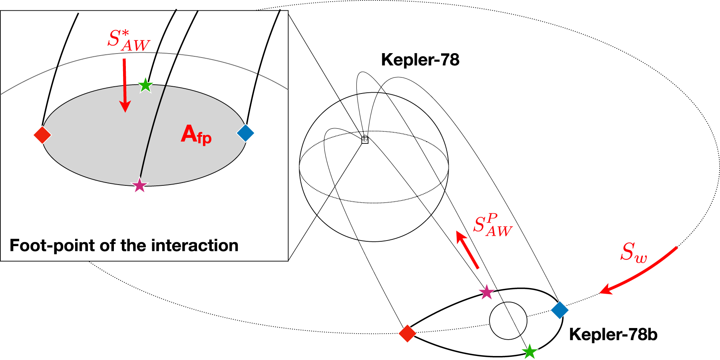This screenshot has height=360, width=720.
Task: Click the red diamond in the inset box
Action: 42,135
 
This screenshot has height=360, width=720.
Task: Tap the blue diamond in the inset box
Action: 245,133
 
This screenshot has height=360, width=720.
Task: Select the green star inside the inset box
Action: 145,85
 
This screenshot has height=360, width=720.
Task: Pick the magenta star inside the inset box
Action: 139,185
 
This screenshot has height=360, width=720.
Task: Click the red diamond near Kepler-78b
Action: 408,333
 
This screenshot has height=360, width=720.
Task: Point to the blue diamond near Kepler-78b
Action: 560,310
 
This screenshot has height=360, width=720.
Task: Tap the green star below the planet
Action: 529,352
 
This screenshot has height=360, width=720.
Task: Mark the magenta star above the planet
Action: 487,292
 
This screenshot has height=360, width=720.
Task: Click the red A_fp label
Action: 196,135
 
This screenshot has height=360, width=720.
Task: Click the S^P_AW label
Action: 492,226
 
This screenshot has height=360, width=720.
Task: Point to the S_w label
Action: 633,253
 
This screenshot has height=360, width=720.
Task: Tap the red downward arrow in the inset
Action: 125,85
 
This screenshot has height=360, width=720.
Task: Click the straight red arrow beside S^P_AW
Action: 467,250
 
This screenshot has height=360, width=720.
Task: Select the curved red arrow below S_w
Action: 639,272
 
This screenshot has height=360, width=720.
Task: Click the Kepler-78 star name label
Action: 420,60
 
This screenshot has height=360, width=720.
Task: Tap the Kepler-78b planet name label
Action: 613,334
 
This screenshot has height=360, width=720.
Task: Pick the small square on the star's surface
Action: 364,140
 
